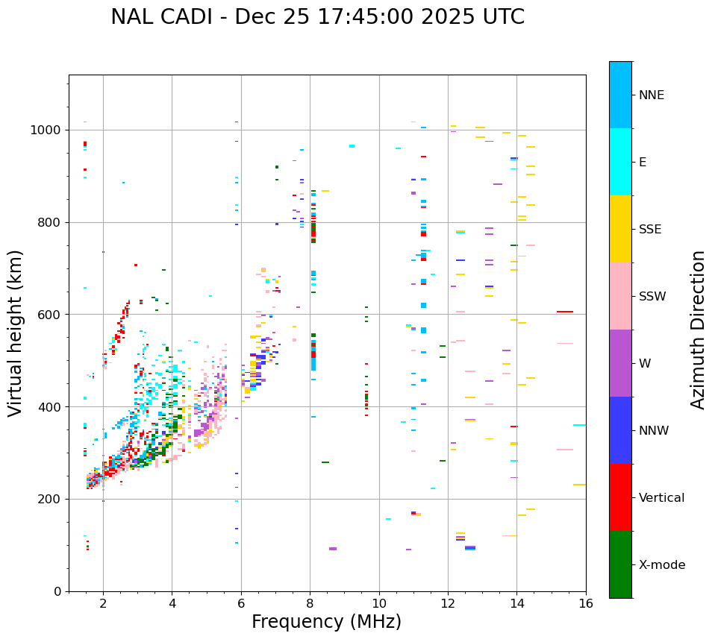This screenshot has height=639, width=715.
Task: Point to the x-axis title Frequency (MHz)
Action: (326, 622)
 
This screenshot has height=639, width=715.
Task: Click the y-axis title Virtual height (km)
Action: (16, 333)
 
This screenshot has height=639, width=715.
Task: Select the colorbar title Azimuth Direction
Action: (698, 330)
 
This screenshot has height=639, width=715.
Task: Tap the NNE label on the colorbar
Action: (651, 95)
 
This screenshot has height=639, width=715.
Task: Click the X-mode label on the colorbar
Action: (661, 565)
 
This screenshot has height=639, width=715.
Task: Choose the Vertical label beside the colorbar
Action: (661, 498)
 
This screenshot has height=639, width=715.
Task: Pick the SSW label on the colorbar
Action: (652, 297)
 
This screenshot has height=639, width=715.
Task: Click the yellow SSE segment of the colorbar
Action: (620, 229)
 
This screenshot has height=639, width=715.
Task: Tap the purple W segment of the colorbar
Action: (620, 363)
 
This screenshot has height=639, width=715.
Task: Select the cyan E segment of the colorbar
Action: (620, 162)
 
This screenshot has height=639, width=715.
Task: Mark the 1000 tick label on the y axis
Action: (46, 130)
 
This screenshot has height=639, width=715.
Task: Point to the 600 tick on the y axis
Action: (50, 315)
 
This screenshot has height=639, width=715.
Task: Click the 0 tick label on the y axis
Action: (57, 591)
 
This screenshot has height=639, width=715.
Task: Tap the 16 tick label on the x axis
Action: (585, 603)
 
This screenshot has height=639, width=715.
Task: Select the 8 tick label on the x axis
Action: (310, 603)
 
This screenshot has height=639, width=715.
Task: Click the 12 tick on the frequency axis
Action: (448, 603)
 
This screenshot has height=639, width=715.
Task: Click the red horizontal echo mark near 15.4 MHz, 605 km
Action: (565, 312)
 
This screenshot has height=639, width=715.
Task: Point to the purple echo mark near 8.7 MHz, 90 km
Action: (333, 549)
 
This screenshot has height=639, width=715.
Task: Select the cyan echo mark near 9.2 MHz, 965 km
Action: (352, 146)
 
